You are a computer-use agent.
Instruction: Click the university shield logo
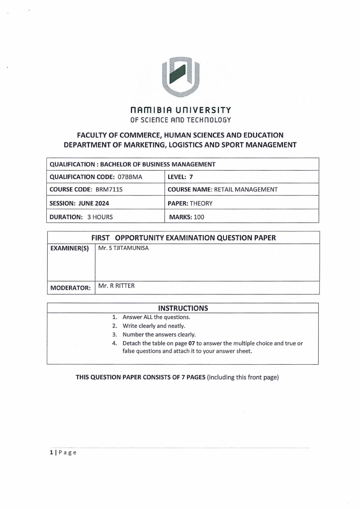click(180, 77)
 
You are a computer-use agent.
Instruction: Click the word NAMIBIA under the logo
click(151, 110)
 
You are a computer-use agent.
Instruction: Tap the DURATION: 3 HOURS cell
click(81, 217)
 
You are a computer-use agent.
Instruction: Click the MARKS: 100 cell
click(186, 217)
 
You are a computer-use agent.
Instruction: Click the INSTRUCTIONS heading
click(183, 308)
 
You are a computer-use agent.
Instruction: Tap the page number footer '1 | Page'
click(63, 453)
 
